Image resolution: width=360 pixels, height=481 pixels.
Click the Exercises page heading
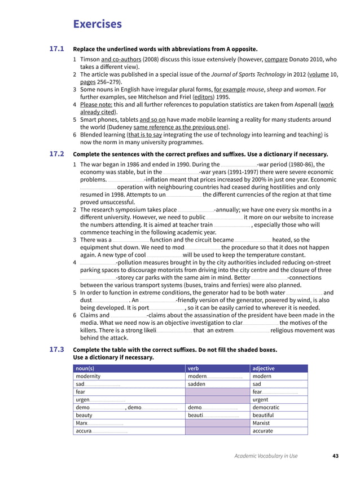pos(97,24)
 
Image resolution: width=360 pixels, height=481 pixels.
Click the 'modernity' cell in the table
pos(88,376)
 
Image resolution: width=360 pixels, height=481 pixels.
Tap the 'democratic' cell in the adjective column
pos(266,407)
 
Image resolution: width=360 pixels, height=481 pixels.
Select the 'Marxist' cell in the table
pos(261,423)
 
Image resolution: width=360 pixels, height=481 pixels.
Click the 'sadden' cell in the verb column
pos(196,384)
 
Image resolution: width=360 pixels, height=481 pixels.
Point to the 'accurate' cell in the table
pos(262,431)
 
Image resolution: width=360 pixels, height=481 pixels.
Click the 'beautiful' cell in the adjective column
pos(263,415)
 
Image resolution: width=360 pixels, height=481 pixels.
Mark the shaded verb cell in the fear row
pos(217,392)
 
